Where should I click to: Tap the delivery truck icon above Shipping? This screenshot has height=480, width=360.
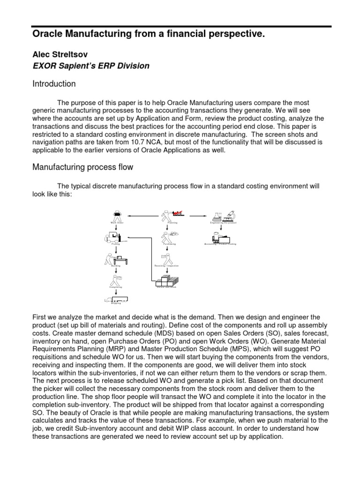[116, 299]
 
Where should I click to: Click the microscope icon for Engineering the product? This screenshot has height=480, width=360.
[229, 216]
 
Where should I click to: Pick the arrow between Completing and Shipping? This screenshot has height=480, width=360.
[116, 292]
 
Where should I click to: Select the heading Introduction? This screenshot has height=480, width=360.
[53, 84]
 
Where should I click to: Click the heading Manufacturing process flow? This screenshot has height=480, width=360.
[82, 166]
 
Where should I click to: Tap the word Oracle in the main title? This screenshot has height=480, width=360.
[49, 34]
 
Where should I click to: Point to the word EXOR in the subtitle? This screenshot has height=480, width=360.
[44, 66]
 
